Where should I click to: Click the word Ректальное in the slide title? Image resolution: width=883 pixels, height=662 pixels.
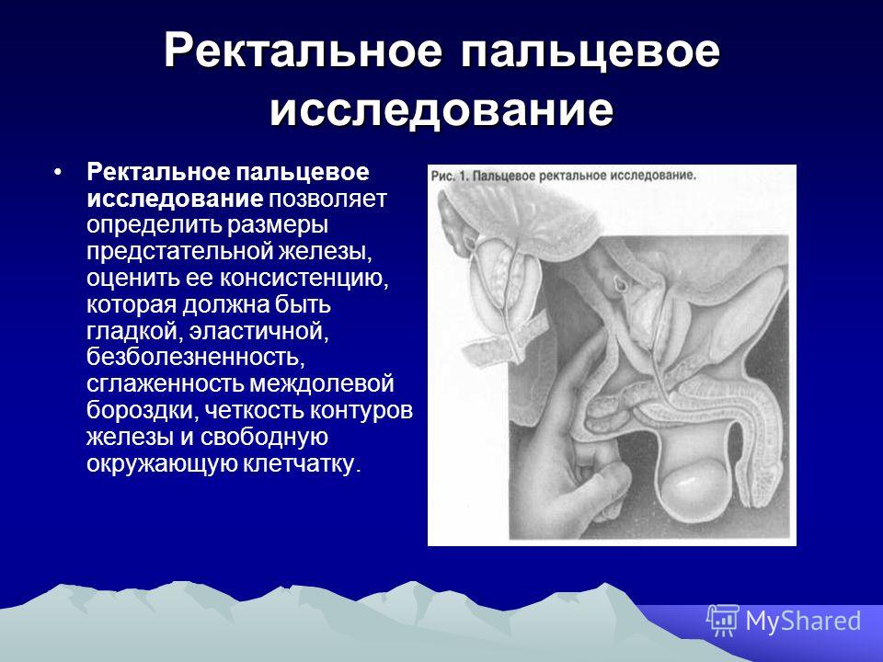(x=304, y=51)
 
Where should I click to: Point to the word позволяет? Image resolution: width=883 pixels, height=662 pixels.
(x=327, y=199)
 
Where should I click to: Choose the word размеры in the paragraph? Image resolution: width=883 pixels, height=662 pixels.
(x=278, y=226)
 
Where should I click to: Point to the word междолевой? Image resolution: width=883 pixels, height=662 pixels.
(x=322, y=384)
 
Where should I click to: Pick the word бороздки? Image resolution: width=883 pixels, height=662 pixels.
(x=140, y=410)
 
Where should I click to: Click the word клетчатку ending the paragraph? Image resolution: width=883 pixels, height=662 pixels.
(x=302, y=464)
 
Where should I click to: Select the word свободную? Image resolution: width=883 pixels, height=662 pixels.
(x=264, y=438)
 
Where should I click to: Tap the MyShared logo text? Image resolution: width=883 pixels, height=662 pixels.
(x=804, y=622)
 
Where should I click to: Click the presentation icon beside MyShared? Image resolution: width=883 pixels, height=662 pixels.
(x=723, y=621)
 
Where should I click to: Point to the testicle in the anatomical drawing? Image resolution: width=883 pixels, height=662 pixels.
(x=694, y=483)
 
